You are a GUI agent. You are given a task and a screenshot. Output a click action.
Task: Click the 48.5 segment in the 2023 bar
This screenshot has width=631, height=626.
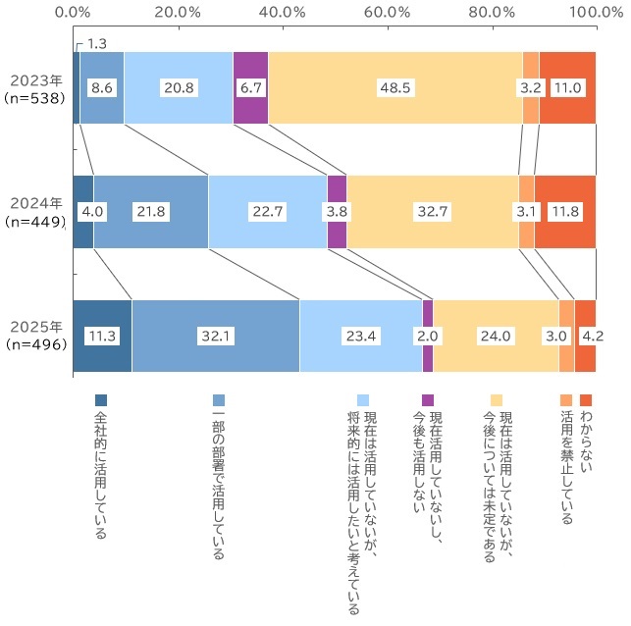[x=395, y=87]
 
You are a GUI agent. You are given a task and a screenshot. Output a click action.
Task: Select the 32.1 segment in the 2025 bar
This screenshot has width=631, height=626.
[x=215, y=336]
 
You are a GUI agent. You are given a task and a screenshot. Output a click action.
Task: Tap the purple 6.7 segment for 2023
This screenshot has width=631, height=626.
[x=250, y=87]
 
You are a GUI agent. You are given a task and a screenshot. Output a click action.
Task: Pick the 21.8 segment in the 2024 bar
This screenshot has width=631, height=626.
[x=151, y=211]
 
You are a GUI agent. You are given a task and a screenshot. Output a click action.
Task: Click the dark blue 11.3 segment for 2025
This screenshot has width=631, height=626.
[x=102, y=336]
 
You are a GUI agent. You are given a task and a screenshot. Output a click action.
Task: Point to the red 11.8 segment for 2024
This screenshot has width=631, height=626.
[x=565, y=211]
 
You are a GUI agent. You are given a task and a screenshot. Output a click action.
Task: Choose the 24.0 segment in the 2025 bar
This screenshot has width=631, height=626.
[x=496, y=336]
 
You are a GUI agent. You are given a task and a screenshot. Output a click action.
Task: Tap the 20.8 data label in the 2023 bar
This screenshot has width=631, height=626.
[x=178, y=87]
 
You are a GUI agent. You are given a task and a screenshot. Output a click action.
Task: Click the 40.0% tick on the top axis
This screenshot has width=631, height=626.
[x=283, y=12]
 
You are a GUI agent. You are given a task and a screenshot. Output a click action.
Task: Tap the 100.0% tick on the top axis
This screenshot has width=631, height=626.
[x=595, y=12]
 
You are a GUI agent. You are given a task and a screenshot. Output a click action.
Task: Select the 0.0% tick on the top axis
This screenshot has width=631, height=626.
[x=74, y=12]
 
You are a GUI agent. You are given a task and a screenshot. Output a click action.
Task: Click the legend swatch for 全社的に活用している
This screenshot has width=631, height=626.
[x=100, y=400]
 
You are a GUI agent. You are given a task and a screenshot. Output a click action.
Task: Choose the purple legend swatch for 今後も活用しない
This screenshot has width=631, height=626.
[x=427, y=400]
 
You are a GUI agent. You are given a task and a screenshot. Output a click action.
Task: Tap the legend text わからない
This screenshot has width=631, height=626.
[x=587, y=446]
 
